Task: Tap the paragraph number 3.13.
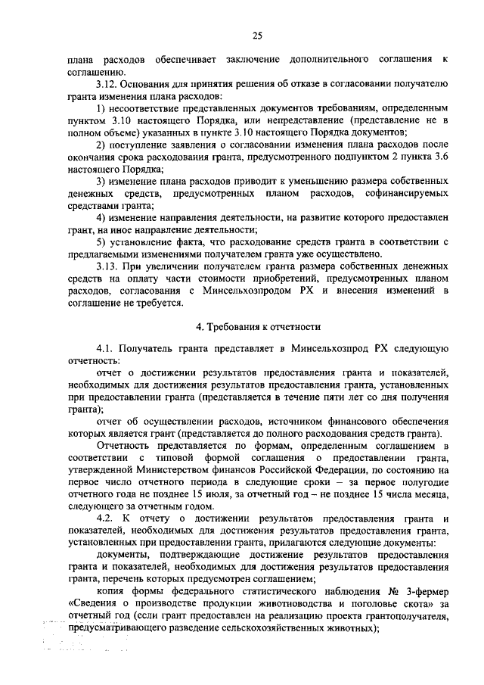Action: pos(107,266)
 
